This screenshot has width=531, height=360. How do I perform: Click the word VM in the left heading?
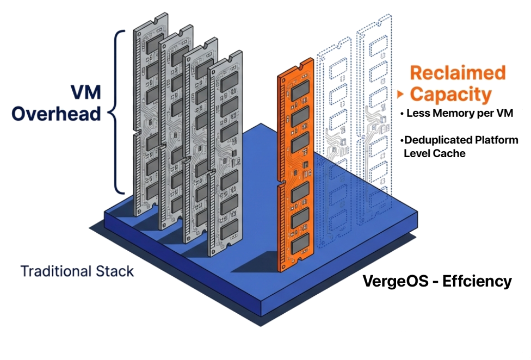86,92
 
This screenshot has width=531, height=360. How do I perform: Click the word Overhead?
57,114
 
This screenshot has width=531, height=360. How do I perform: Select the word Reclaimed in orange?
458,73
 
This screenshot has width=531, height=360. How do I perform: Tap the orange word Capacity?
450,94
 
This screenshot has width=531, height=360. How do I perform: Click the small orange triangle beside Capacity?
400,95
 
